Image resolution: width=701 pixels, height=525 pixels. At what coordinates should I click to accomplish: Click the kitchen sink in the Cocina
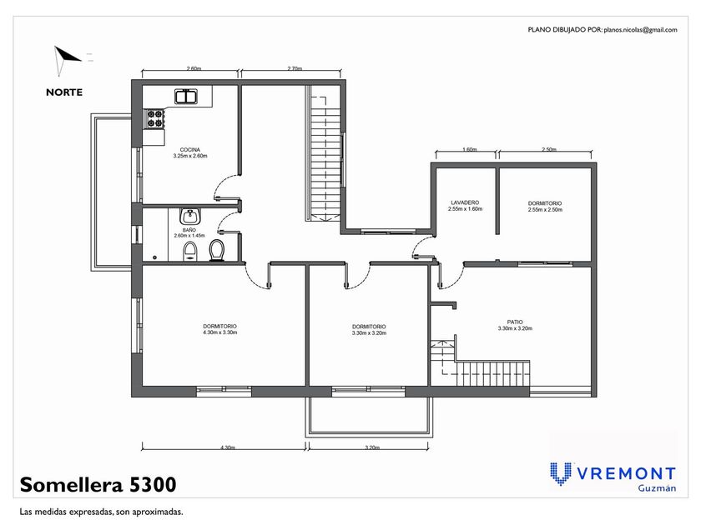tap(186, 97)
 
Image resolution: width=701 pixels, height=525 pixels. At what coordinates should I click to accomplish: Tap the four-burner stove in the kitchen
tap(154, 118)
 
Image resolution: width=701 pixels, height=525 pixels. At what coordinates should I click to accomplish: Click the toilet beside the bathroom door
tap(217, 251)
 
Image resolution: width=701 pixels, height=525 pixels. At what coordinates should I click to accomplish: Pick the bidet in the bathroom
tap(190, 252)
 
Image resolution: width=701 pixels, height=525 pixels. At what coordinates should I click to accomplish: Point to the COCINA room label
tap(190, 150)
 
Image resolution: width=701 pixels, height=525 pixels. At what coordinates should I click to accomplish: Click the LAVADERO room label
tap(465, 202)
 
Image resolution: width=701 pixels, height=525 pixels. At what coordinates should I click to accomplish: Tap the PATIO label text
tap(515, 322)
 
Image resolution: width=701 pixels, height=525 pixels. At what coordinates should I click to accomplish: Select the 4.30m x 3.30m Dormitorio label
tap(220, 329)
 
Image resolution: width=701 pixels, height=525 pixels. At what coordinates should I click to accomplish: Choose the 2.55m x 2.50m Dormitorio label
tap(545, 207)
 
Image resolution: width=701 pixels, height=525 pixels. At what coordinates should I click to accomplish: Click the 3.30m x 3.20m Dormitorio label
tap(369, 330)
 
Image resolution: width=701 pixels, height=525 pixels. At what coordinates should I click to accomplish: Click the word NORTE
tap(64, 92)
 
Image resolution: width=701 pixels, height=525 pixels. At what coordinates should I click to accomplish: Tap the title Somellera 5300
tap(98, 484)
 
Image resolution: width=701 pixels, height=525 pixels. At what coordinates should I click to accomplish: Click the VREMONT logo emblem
tap(560, 473)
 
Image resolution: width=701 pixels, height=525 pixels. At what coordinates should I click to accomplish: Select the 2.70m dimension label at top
tap(295, 68)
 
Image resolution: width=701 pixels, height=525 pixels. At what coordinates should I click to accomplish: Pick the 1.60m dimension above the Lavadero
tap(469, 149)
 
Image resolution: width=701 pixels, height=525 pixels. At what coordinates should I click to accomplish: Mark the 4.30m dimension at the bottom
tap(228, 447)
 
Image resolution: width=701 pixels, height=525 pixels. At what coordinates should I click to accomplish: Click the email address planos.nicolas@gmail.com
tap(640, 30)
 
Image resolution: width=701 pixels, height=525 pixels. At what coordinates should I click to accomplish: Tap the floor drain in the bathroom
tap(154, 257)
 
